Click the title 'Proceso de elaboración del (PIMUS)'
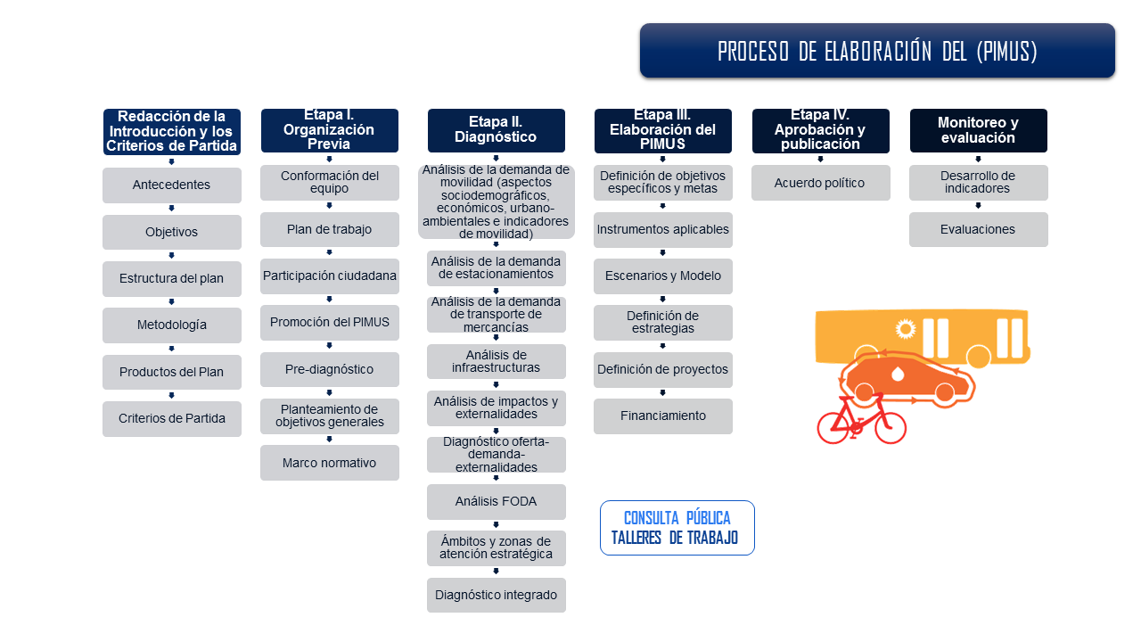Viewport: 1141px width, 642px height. point(877,51)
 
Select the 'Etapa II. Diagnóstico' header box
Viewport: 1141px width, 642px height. point(496,130)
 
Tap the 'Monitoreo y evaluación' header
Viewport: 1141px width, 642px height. point(978,130)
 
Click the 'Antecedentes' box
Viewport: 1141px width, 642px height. point(171,185)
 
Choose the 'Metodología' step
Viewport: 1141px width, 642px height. point(171,325)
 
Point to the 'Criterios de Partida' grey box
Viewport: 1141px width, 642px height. point(171,419)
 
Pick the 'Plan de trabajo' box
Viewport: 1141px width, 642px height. point(329,229)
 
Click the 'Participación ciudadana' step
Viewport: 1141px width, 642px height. point(329,276)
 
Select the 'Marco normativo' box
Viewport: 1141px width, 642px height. point(329,463)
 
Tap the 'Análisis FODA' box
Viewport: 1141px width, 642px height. point(496,501)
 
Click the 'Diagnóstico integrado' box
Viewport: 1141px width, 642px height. point(496,595)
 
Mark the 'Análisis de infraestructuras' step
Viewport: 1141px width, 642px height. point(496,361)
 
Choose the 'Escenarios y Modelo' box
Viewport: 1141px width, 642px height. point(662,276)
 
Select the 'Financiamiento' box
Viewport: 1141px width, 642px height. point(662,416)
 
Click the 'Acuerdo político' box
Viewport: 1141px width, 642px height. point(820,183)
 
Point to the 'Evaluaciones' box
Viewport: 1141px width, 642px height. point(978,229)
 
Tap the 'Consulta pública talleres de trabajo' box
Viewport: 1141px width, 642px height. point(677,528)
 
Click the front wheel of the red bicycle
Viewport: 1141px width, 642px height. point(890,427)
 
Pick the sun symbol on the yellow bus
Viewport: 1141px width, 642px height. point(906,329)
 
